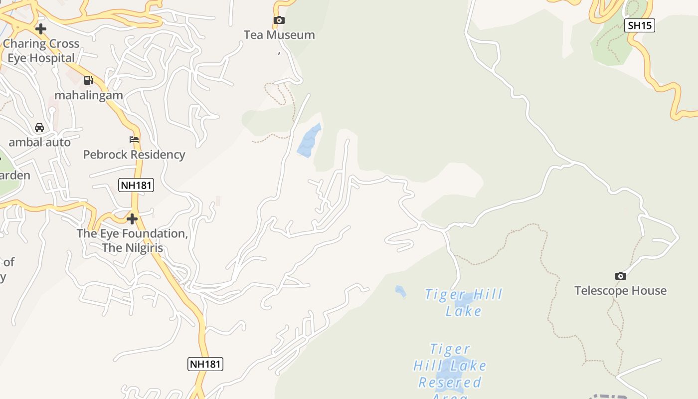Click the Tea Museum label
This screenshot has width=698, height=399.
(x=279, y=35)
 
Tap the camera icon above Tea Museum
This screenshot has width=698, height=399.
(x=279, y=20)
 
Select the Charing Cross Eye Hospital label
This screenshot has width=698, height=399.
(x=41, y=51)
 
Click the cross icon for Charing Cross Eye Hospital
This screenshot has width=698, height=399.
(x=41, y=29)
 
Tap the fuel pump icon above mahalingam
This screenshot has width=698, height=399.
(x=89, y=80)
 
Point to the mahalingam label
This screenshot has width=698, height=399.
(x=89, y=95)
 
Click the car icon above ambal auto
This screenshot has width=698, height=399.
(x=39, y=128)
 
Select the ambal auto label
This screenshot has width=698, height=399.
(x=40, y=142)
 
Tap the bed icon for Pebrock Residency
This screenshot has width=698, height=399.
(x=134, y=140)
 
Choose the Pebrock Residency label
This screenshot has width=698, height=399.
(x=134, y=155)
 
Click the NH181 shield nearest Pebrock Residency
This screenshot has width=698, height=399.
(x=136, y=186)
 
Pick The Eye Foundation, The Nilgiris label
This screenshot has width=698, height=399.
(x=132, y=240)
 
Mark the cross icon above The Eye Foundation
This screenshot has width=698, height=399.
(x=132, y=219)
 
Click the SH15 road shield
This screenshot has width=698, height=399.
(x=639, y=25)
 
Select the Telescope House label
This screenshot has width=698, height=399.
(x=620, y=291)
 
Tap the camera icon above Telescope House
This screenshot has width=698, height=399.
(x=620, y=276)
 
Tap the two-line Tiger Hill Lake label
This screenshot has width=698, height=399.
(x=464, y=303)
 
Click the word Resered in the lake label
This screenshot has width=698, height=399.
(x=450, y=383)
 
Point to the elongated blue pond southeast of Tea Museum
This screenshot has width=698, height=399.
(x=309, y=141)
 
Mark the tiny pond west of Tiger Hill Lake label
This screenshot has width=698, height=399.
(x=400, y=291)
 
